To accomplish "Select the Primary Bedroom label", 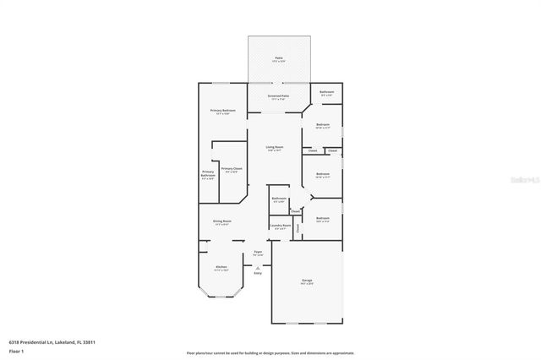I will pyautogui.click(x=221, y=112).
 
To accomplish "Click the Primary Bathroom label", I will pyautogui.click(x=208, y=176).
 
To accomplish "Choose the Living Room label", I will pyautogui.click(x=274, y=149).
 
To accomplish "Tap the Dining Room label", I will pyautogui.click(x=222, y=222).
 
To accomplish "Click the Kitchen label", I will pyautogui.click(x=221, y=268).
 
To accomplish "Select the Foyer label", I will pyautogui.click(x=258, y=253).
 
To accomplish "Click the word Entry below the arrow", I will pyautogui.click(x=258, y=273).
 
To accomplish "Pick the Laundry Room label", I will pyautogui.click(x=280, y=226).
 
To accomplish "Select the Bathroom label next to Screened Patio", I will pyautogui.click(x=325, y=92).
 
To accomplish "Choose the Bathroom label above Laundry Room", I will pyautogui.click(x=279, y=199).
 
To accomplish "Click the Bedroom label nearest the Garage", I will pyautogui.click(x=323, y=219).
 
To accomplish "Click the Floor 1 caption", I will pyautogui.click(x=17, y=350).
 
